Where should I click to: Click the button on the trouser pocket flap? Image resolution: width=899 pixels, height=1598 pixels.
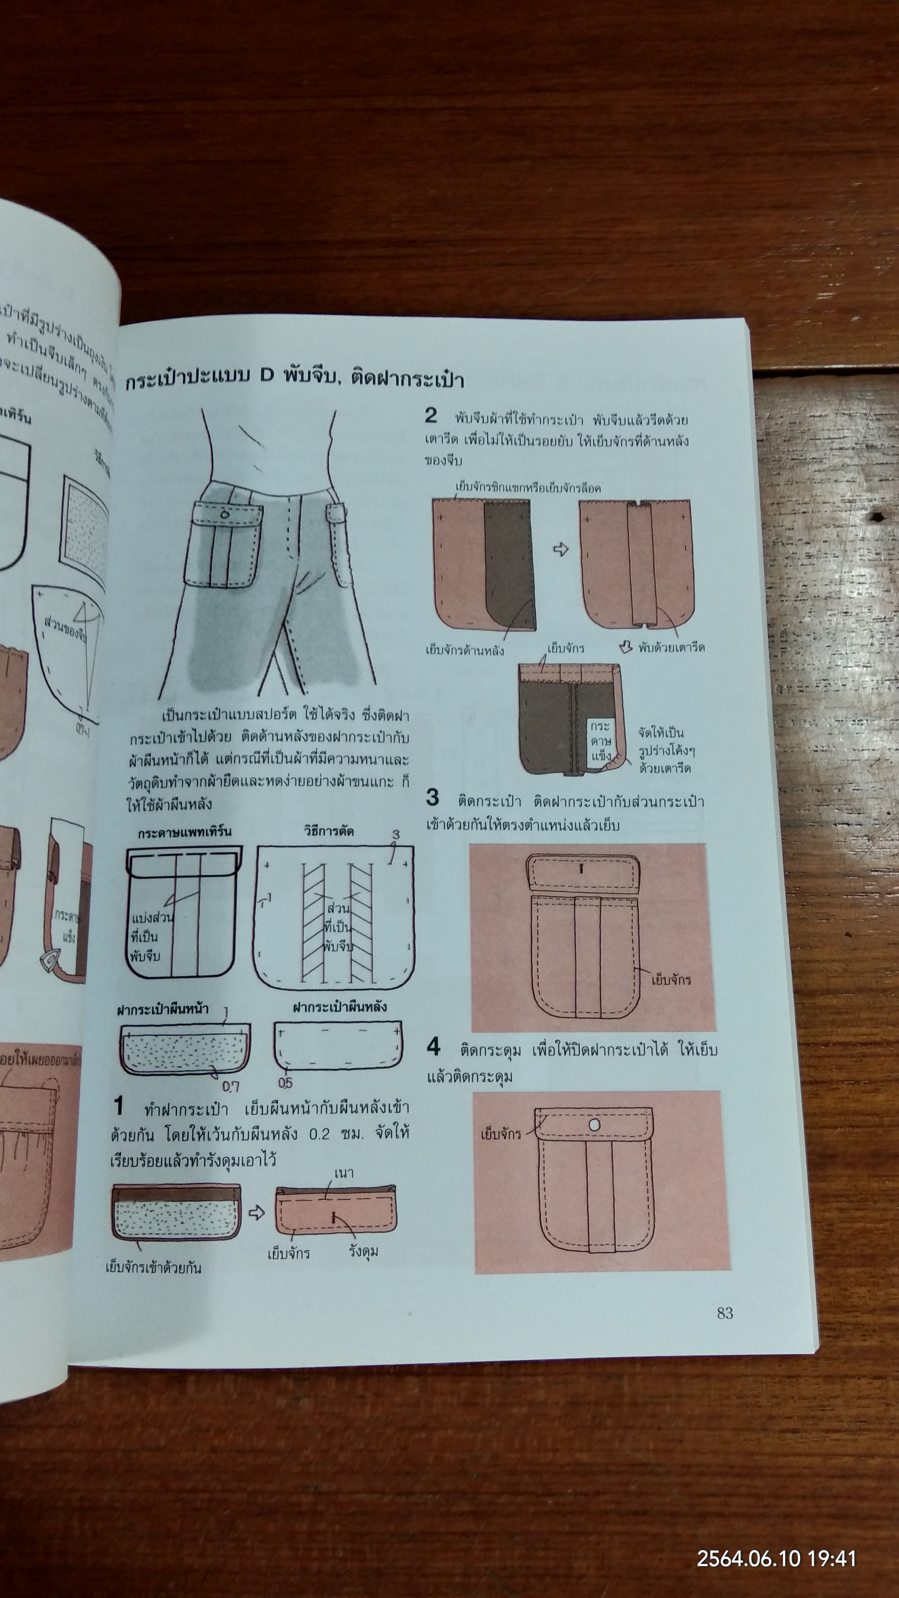pos(225,514)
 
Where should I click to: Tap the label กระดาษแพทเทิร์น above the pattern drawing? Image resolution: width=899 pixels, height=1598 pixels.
pos(185,832)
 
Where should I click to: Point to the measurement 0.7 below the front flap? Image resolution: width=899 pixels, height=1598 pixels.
pos(231,1086)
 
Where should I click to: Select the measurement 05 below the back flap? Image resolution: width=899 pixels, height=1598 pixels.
pos(285,1083)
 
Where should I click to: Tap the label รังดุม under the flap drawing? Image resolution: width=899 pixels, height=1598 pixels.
pos(363,1251)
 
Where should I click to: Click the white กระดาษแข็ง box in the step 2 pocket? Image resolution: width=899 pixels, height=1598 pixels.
pos(600,741)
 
